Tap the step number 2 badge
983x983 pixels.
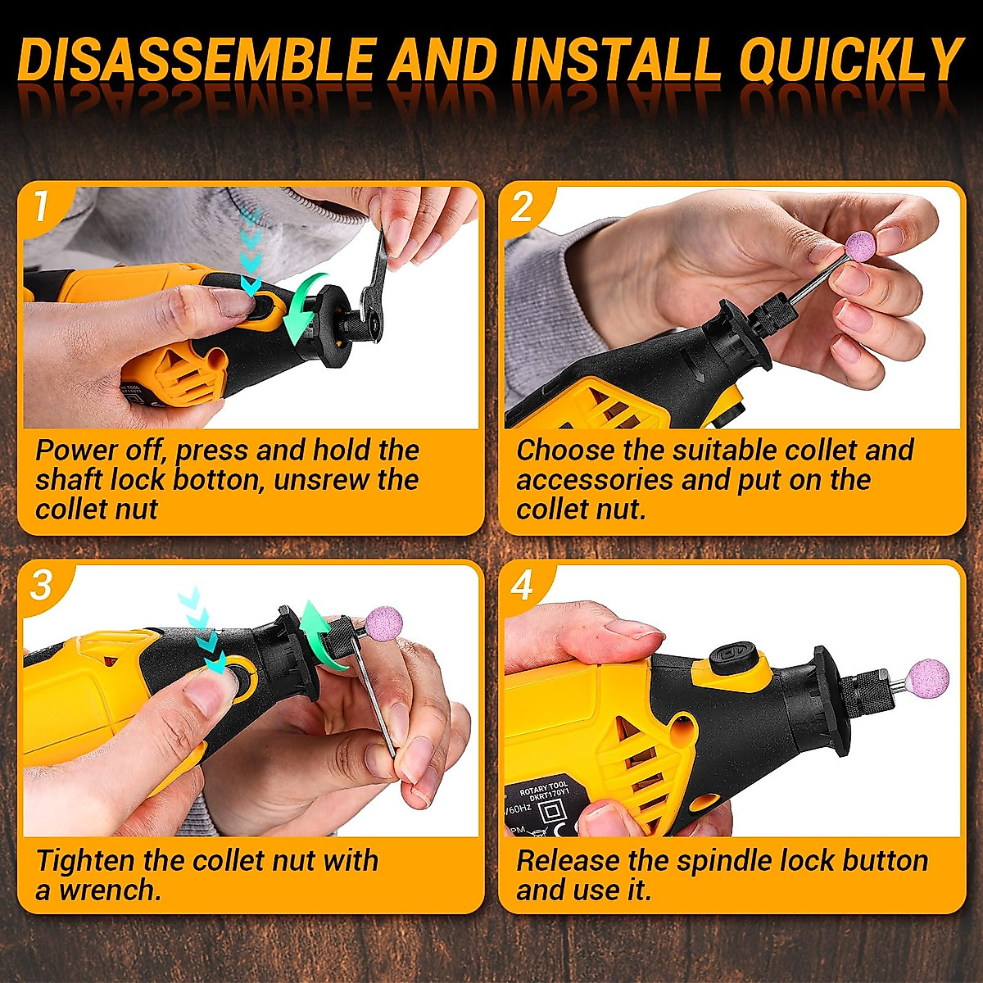(x=522, y=206)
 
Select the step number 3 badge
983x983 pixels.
(x=41, y=585)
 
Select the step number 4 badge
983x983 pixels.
(x=522, y=585)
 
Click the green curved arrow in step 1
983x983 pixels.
(x=306, y=308)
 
